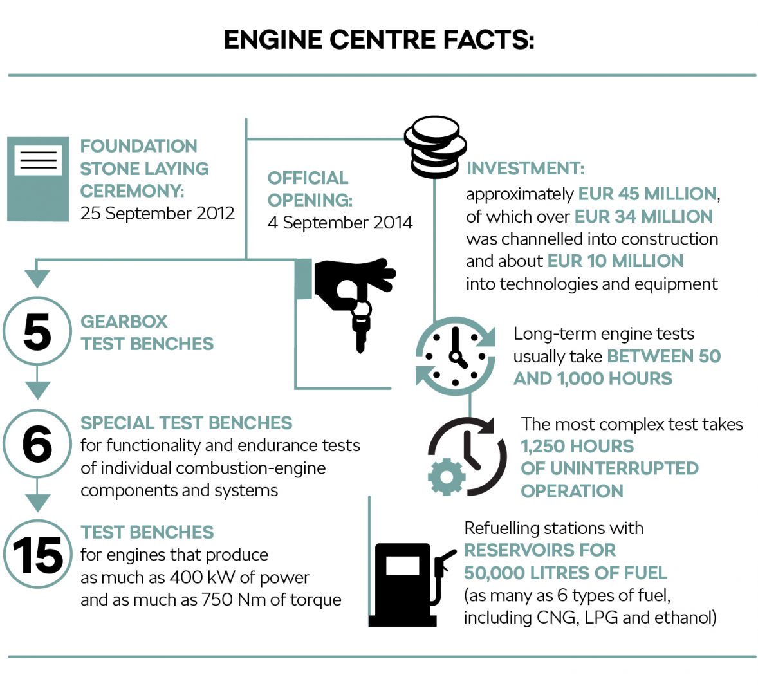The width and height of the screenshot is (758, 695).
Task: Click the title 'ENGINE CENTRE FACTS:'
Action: (x=378, y=40)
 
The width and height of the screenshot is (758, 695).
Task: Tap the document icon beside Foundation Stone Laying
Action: (x=38, y=179)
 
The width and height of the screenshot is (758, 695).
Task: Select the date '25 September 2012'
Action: (x=158, y=214)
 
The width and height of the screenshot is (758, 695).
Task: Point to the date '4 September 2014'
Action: (x=340, y=223)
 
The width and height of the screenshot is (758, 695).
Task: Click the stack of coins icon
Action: (x=434, y=147)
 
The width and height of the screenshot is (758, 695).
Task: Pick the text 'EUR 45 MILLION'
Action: (x=647, y=194)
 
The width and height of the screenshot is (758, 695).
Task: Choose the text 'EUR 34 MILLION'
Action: (x=643, y=216)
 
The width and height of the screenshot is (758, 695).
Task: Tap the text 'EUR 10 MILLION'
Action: (x=615, y=261)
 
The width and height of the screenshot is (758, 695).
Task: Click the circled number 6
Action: (x=37, y=443)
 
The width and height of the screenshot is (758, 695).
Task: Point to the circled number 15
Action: (x=37, y=554)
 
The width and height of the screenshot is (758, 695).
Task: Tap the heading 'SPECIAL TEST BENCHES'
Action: (x=186, y=423)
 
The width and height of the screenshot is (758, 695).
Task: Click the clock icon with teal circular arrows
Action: (x=456, y=356)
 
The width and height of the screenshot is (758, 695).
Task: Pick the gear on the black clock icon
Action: (x=446, y=477)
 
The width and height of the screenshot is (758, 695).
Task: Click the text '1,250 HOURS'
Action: (x=577, y=446)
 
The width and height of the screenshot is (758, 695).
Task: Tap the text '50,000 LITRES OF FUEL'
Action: (x=565, y=573)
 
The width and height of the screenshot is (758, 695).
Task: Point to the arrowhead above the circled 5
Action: (x=37, y=278)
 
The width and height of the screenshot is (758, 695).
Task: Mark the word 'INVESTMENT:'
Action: (x=525, y=169)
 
